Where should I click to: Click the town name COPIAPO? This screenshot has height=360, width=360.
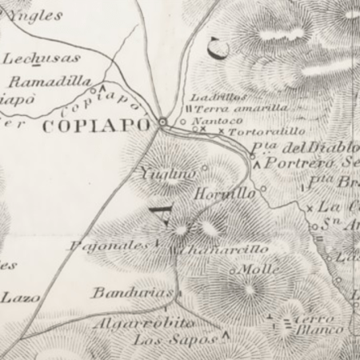(95, 126)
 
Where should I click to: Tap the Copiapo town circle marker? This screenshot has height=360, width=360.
(163, 122)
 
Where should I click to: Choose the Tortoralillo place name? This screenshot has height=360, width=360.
(267, 130)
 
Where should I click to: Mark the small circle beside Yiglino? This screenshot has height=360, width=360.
(205, 168)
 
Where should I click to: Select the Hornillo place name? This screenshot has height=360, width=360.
(225, 194)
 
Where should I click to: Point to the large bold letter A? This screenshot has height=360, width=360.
(159, 214)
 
